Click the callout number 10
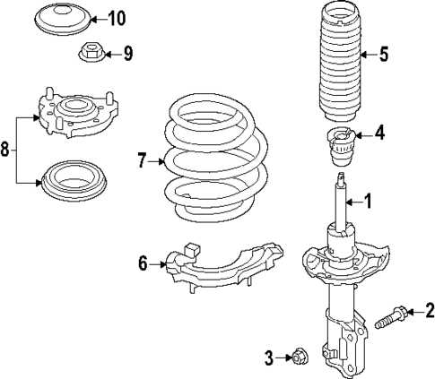118,17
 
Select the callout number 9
127,55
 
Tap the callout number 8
6,150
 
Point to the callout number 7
141,161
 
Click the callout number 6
143,263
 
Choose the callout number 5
383,55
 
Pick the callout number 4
379,135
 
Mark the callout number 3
268,358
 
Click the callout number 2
429,311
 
